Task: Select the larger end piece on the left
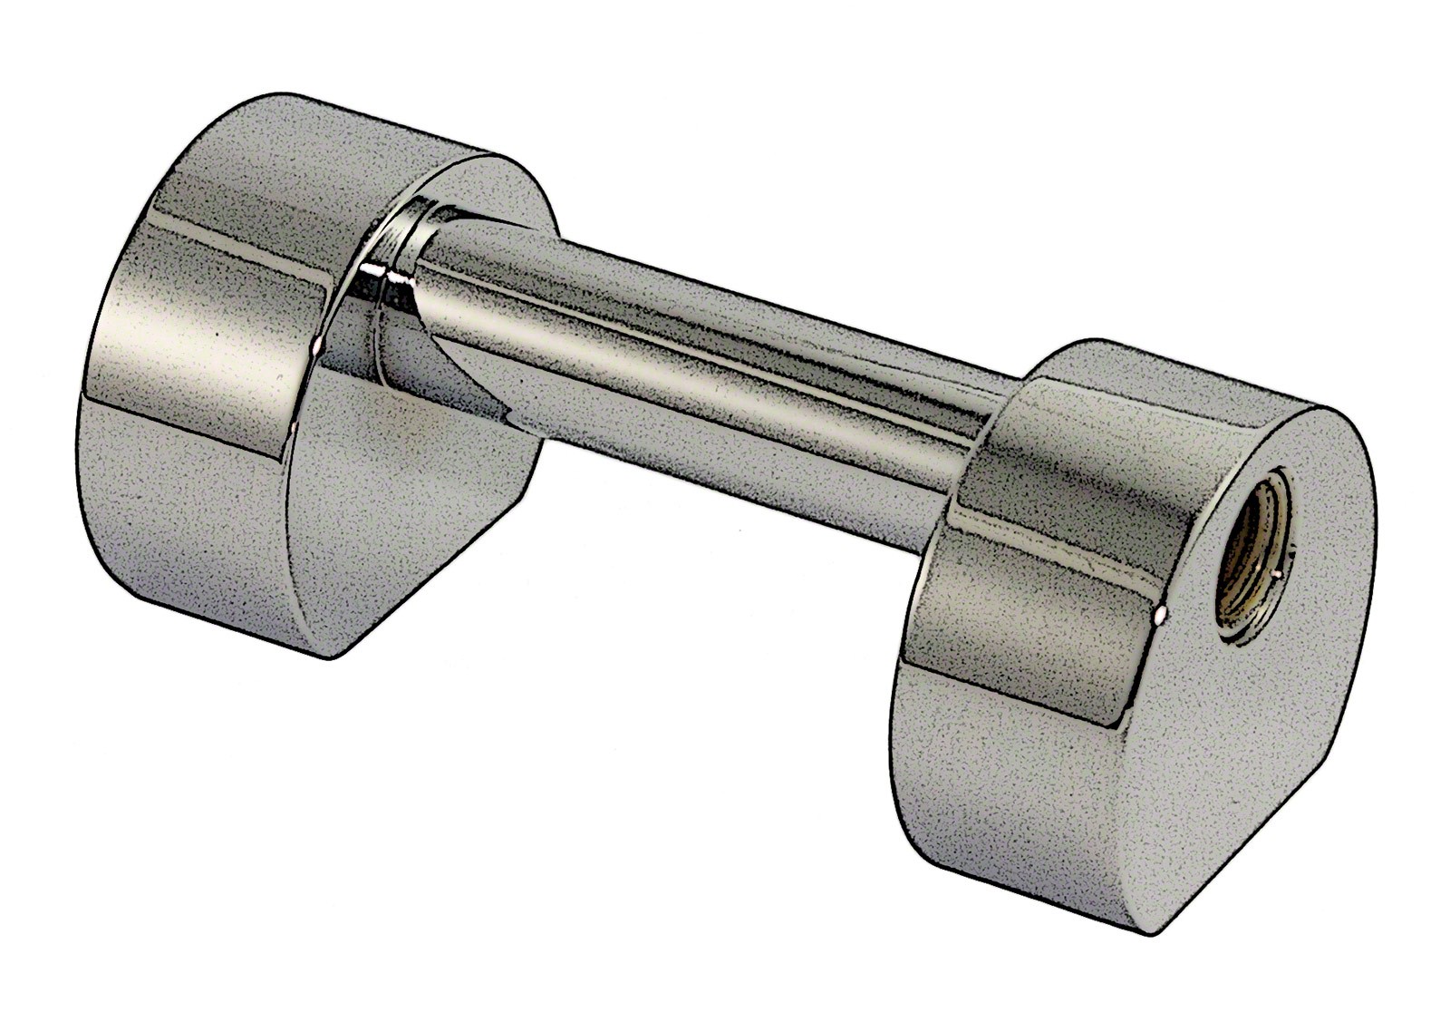[308, 381]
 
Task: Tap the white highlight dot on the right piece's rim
[1163, 616]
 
